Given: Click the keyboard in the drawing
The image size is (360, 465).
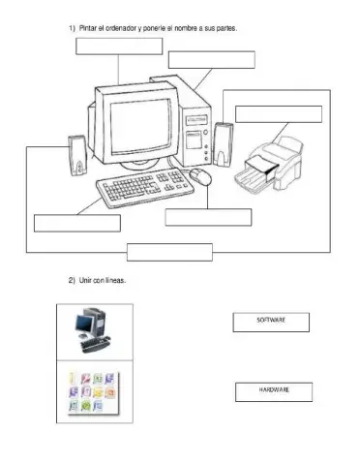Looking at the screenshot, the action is click(x=142, y=183).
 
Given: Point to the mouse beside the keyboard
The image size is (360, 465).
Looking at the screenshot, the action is click(x=200, y=176).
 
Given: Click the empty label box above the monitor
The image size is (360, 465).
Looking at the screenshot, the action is click(x=119, y=46).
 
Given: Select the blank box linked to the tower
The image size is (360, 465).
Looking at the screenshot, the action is click(x=211, y=60).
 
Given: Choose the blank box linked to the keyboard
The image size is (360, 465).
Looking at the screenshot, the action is click(x=77, y=223).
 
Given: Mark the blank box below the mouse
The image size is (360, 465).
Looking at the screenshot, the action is click(x=207, y=217).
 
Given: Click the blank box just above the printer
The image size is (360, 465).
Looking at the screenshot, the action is click(x=279, y=113).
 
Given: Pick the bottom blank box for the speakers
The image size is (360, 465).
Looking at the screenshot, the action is click(x=169, y=252).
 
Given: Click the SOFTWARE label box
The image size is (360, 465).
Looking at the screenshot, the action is click(x=271, y=322).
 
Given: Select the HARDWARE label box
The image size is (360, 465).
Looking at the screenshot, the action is click(x=274, y=391).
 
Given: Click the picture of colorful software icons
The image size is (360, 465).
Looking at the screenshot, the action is click(x=94, y=394).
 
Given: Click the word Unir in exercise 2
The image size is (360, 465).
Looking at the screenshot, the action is click(x=84, y=280).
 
